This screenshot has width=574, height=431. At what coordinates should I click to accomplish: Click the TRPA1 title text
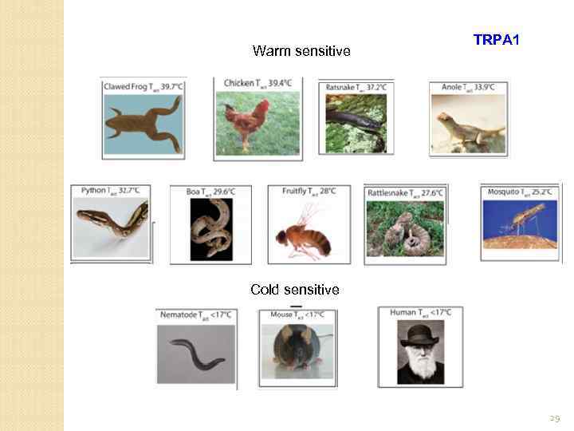pos(496,39)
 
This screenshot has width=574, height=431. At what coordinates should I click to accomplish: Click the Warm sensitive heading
pos(301,51)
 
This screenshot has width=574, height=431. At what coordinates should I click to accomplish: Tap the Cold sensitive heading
pos(294,289)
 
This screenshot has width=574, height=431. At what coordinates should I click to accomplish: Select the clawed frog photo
pos(143,123)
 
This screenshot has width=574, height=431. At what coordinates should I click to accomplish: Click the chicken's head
pos(261,105)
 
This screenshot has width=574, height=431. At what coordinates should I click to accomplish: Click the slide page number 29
pos(555,417)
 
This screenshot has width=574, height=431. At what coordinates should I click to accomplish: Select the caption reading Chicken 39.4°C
pos(257,83)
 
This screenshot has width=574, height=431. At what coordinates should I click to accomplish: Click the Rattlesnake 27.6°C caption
pos(404,193)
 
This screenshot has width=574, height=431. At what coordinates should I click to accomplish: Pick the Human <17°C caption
pos(420,312)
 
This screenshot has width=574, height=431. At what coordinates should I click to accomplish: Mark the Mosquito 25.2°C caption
pos(521,192)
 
